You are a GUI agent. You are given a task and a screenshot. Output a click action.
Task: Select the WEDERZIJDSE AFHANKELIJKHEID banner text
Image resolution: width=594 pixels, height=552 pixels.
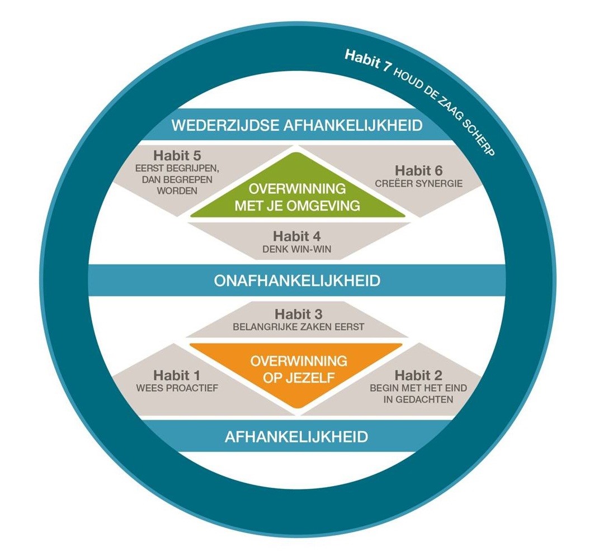point(296,124)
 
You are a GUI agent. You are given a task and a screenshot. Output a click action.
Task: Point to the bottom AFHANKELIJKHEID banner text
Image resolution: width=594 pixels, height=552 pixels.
point(296,436)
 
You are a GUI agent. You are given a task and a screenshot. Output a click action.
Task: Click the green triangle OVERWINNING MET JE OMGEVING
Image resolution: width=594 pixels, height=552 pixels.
point(297,196)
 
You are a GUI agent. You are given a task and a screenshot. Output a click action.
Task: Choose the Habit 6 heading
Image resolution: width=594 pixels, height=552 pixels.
point(420,171)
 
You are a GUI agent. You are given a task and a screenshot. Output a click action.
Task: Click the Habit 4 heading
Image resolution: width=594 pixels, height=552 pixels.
point(297,236)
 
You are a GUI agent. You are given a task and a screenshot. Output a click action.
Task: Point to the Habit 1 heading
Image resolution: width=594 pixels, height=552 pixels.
point(176,376)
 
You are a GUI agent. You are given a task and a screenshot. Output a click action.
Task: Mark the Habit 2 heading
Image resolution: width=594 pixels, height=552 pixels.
point(419,375)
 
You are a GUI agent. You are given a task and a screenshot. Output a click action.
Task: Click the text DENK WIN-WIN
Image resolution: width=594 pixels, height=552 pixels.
point(297,249)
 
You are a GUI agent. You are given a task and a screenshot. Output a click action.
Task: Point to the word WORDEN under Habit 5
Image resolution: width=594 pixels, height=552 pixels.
point(176,191)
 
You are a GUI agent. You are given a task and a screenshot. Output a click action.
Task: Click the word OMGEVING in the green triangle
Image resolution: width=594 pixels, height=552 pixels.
point(328,206)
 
